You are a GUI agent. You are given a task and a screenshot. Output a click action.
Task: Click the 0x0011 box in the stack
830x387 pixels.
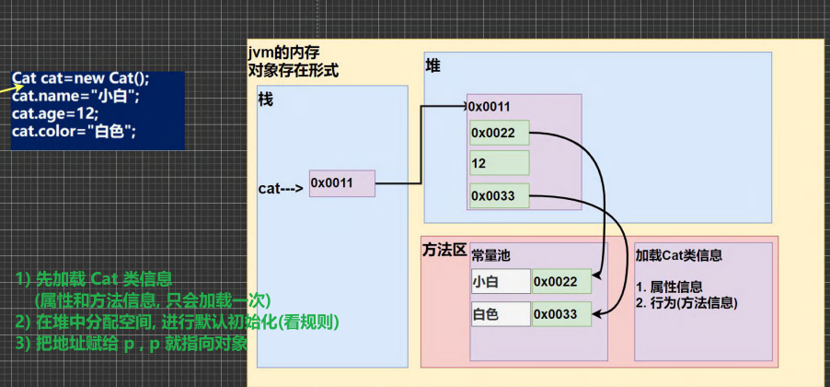(341, 183)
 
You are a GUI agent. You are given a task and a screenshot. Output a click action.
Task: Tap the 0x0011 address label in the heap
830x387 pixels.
(489, 107)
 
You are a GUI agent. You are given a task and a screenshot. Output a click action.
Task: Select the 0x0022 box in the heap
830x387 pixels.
(499, 133)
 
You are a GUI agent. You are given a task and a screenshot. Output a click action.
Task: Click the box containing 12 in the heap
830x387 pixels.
(499, 163)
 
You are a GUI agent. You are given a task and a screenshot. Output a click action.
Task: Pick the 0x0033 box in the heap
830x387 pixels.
(499, 194)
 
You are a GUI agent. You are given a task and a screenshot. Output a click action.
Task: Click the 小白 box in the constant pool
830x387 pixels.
(500, 281)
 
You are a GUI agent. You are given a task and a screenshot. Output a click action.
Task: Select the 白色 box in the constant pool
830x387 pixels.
(500, 314)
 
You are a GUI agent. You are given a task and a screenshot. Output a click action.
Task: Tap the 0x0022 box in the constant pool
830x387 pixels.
(560, 281)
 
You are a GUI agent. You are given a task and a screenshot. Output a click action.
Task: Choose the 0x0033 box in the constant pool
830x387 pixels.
(560, 314)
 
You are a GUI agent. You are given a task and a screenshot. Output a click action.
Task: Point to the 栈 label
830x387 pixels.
(266, 100)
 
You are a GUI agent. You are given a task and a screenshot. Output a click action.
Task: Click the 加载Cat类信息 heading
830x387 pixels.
(678, 255)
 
